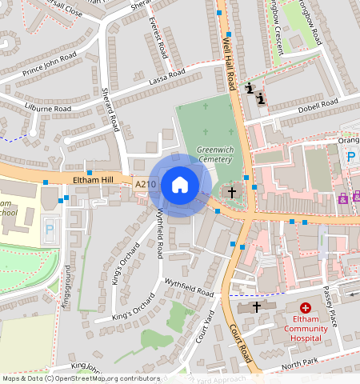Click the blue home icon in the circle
[x=180, y=185]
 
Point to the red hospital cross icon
[x=306, y=308]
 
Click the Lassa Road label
[x=166, y=78]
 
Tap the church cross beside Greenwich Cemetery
[x=233, y=192]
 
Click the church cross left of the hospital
[x=256, y=307]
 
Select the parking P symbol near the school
[x=49, y=229]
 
